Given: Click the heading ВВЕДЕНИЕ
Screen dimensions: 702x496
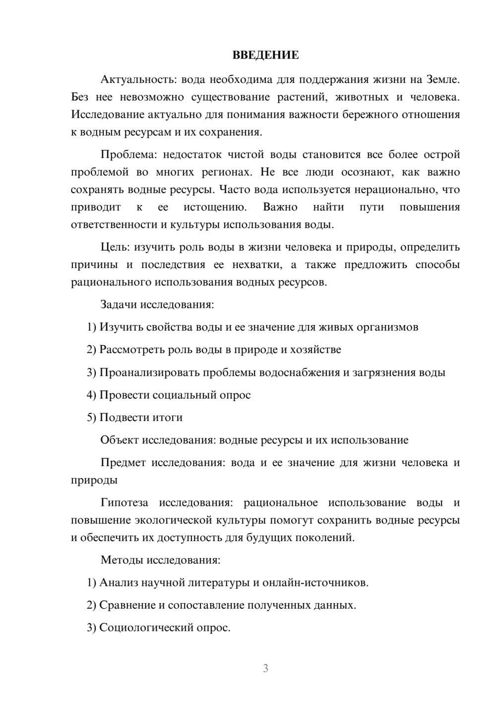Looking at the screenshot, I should (x=265, y=55).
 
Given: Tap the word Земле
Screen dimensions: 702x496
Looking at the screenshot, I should (x=443, y=79).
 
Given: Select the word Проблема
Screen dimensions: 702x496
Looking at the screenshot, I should (x=128, y=154).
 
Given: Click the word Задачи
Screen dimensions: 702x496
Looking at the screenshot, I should (x=119, y=304).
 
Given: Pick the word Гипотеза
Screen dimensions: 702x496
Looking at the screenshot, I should (x=124, y=503).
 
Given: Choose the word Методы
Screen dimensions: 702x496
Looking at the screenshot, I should (x=122, y=560).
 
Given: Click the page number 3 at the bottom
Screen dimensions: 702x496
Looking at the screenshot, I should (x=265, y=668).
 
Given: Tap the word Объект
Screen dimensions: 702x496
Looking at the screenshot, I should (x=120, y=440).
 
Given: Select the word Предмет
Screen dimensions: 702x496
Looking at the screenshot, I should (x=124, y=463).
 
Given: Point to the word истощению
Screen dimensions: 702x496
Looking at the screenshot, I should (x=215, y=207).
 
